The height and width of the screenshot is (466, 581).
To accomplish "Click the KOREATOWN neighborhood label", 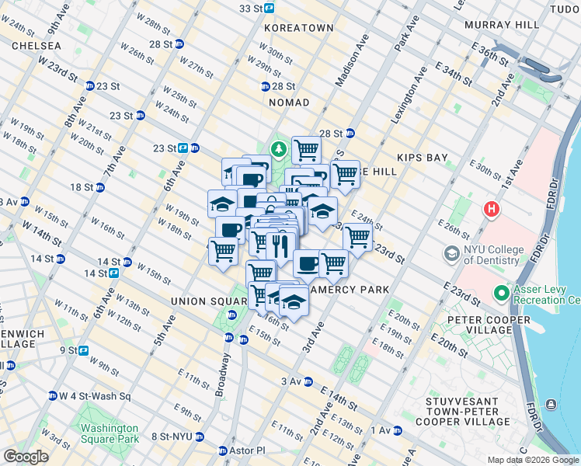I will click(298, 28).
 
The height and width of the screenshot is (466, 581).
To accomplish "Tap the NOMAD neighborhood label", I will click(289, 103).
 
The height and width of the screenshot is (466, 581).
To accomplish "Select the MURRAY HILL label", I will click(501, 25).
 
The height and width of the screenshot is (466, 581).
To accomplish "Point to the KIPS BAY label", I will click(423, 158).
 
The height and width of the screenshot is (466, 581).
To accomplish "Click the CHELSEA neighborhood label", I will click(37, 47).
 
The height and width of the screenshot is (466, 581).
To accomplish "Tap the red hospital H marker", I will click(490, 209).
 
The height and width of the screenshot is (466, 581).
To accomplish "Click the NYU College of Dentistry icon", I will click(451, 254).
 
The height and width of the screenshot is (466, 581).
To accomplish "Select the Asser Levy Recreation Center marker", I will click(502, 294).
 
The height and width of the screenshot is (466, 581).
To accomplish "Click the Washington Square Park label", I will click(110, 433).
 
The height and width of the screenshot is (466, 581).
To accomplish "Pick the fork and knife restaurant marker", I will click(278, 246).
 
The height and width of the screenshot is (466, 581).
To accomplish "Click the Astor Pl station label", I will click(248, 450).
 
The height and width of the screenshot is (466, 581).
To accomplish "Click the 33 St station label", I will click(252, 8).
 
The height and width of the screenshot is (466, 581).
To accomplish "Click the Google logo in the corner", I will click(26, 457).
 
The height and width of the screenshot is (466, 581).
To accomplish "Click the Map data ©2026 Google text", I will click(533, 460).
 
